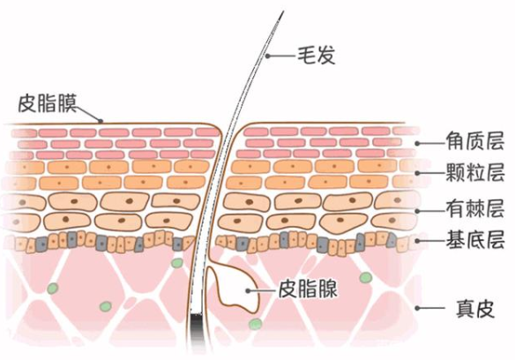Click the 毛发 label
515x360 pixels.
click(x=316, y=56)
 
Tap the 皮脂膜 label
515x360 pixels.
click(x=48, y=102)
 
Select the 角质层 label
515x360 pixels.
click(x=475, y=141)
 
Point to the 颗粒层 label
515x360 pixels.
click(x=475, y=172)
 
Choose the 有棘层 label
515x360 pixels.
click(x=475, y=208)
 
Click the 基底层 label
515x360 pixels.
click(x=475, y=239)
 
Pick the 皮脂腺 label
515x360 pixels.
click(x=308, y=289)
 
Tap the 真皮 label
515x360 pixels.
click(x=475, y=309)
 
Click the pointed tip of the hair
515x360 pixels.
click(x=282, y=11)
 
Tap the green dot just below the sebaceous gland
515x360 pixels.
click(x=255, y=324)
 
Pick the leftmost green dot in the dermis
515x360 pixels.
click(x=52, y=289)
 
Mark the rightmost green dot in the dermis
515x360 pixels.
click(x=365, y=278)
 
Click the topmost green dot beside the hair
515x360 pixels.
click(x=177, y=263)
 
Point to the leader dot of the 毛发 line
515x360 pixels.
click(x=268, y=56)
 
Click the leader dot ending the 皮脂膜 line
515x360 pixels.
click(x=101, y=121)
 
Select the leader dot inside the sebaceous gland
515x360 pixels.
click(x=249, y=290)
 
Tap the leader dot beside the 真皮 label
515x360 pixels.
click(x=417, y=308)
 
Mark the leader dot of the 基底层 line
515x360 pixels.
click(x=417, y=241)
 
